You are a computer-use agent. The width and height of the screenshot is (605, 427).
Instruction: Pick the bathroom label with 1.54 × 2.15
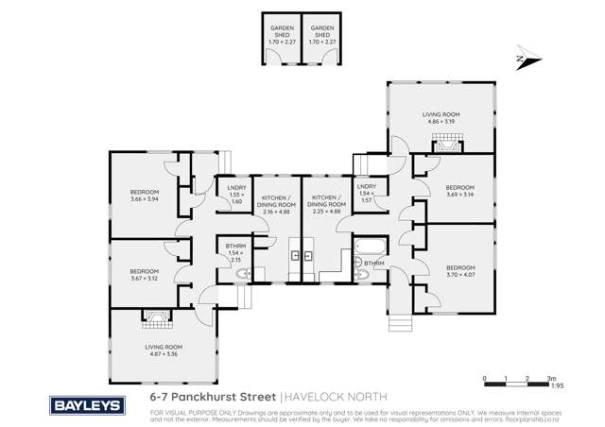coord(235,253)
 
